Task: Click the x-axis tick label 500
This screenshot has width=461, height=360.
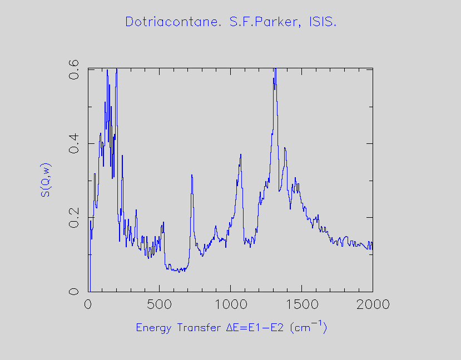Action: point(159,304)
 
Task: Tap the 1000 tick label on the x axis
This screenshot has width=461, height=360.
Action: point(230,304)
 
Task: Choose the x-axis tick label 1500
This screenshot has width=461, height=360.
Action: point(301,304)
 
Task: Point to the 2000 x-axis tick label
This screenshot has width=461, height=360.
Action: point(373,304)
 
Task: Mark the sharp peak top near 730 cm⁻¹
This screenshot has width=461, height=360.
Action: point(191,175)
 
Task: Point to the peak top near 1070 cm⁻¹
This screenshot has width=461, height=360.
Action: point(241,154)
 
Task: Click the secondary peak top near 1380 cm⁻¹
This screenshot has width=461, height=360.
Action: point(285,148)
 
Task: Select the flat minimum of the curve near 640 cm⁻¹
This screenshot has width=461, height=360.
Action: point(179,271)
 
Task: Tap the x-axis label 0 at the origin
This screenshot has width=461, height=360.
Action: point(88,304)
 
